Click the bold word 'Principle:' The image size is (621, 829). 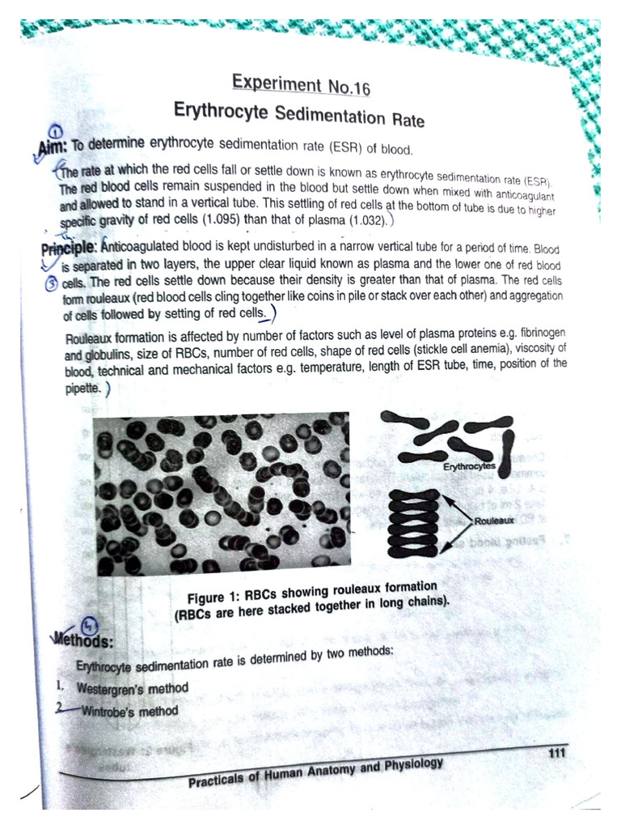tap(70, 245)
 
